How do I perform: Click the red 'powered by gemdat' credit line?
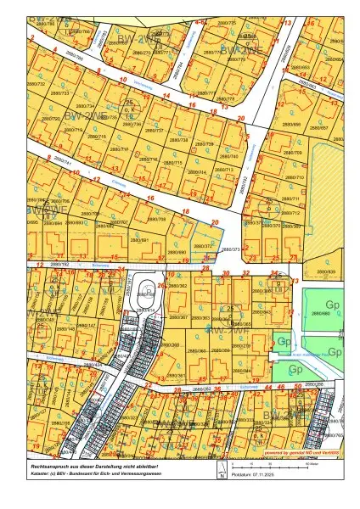click(x=301, y=454)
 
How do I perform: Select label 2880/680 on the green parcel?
click(x=320, y=313)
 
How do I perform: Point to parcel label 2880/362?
click(x=178, y=287)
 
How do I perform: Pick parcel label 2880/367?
click(x=177, y=317)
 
